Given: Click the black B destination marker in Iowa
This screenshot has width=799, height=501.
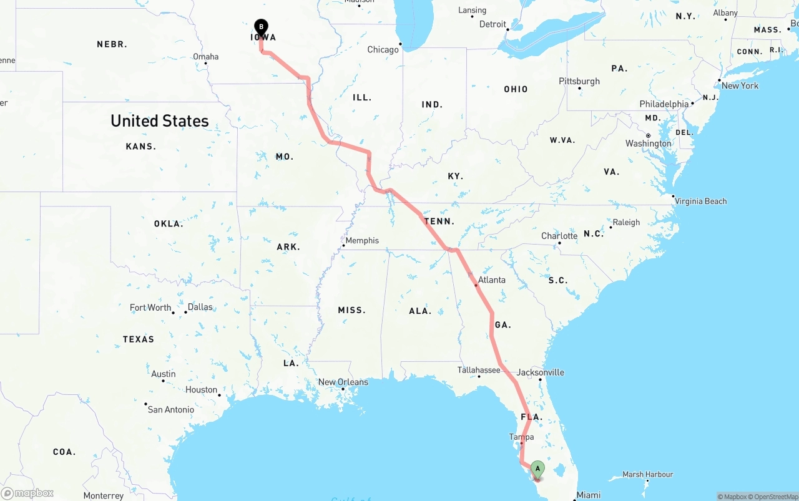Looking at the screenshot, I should pyautogui.click(x=261, y=27).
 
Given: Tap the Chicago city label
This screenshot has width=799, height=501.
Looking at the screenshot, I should pyautogui.click(x=383, y=50).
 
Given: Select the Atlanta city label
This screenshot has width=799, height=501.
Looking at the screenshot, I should pyautogui.click(x=492, y=280).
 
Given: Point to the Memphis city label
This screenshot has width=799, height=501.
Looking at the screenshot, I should pyautogui.click(x=362, y=241).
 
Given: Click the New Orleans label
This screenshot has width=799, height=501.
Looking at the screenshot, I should pyautogui.click(x=343, y=382).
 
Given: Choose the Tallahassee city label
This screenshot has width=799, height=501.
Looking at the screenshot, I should pyautogui.click(x=479, y=370).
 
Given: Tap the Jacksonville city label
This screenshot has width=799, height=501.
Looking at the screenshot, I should pyautogui.click(x=540, y=372).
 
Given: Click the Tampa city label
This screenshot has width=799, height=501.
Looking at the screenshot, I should pyautogui.click(x=521, y=437).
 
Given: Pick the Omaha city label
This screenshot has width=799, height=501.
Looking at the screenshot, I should pyautogui.click(x=205, y=57).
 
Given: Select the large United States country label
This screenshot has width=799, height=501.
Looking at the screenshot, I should pyautogui.click(x=160, y=121).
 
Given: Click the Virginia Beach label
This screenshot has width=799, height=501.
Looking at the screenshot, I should pyautogui.click(x=700, y=201).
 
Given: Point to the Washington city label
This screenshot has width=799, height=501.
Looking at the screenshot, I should pyautogui.click(x=649, y=143).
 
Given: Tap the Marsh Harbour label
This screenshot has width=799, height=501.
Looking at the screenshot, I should pyautogui.click(x=648, y=475).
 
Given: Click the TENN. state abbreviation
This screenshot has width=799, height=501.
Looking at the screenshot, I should pyautogui.click(x=439, y=221).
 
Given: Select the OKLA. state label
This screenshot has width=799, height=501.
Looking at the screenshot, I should pyautogui.click(x=169, y=223).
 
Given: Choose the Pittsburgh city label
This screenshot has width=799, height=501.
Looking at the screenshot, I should pyautogui.click(x=579, y=81).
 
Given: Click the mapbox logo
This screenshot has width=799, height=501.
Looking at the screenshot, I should pyautogui.click(x=27, y=494).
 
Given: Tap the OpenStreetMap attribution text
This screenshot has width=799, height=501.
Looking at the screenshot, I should pyautogui.click(x=774, y=497).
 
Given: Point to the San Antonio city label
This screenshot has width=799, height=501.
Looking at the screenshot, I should pyautogui.click(x=170, y=409).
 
